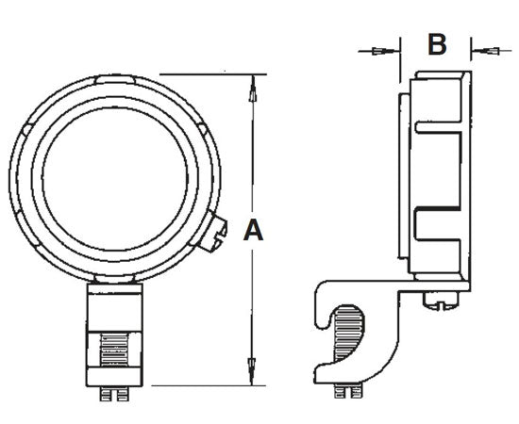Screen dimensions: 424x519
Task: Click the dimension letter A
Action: point(252,230)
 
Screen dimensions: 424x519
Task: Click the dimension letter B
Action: point(435,44)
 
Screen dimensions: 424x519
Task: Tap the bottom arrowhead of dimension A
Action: point(252,370)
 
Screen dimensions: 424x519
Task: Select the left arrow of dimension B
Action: point(380,50)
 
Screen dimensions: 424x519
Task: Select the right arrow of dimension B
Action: point(487,50)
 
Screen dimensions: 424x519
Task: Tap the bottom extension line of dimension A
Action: point(208,384)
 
